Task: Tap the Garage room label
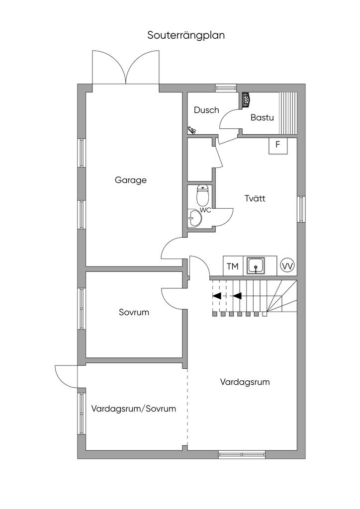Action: [131, 180]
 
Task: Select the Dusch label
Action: [206, 110]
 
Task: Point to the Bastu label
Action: [263, 118]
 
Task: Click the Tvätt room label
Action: [255, 198]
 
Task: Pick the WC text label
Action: [206, 210]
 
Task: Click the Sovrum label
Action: [134, 313]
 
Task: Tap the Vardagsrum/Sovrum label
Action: [134, 409]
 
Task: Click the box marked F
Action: [278, 145]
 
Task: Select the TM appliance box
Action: [232, 266]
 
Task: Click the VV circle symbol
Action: [287, 266]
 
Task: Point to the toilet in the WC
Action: [202, 196]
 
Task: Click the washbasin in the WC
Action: [194, 218]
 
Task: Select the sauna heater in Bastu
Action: [246, 99]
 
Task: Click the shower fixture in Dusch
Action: [191, 130]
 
